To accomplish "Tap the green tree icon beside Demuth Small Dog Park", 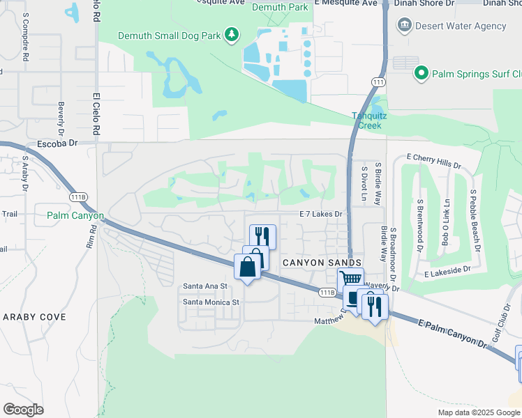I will pyautogui.click(x=232, y=34).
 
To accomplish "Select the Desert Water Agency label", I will pyautogui.click(x=461, y=26).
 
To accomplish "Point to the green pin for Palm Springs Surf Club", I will pyautogui.click(x=421, y=73).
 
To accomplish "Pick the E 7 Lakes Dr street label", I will pyautogui.click(x=322, y=215).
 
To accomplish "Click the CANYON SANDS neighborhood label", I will pyautogui.click(x=322, y=262).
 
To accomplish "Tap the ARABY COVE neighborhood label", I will pyautogui.click(x=35, y=316).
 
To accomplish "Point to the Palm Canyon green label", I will pyautogui.click(x=75, y=215).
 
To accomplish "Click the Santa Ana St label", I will pyautogui.click(x=205, y=286).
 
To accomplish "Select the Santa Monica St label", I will pyautogui.click(x=211, y=302).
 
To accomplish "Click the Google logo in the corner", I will pyautogui.click(x=23, y=410).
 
